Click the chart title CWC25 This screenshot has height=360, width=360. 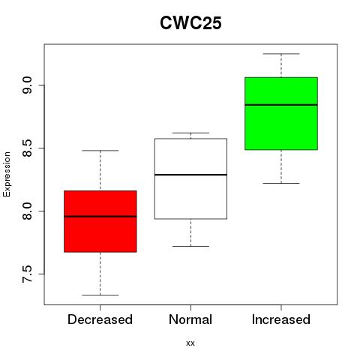pyautogui.click(x=190, y=23)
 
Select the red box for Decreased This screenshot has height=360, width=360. pyautogui.click(x=100, y=221)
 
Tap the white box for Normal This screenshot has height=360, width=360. pyautogui.click(x=190, y=178)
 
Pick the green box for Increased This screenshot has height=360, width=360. pyautogui.click(x=281, y=113)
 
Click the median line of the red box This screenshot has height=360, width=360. pyautogui.click(x=100, y=217)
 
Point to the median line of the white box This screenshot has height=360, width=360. pyautogui.click(x=190, y=175)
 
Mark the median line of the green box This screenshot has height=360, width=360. pyautogui.click(x=281, y=105)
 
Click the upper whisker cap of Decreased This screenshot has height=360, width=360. pyautogui.click(x=100, y=151)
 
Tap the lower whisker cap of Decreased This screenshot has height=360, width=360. pyautogui.click(x=100, y=295)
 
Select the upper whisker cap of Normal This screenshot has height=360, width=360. pyautogui.click(x=190, y=133)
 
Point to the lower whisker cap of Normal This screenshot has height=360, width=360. pyautogui.click(x=190, y=246)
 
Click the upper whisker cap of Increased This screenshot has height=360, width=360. pyautogui.click(x=281, y=54)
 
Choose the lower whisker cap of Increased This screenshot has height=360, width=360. pyautogui.click(x=281, y=183)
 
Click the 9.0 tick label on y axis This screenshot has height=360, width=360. pyautogui.click(x=27, y=85)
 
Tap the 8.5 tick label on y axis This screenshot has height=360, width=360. pyautogui.click(x=27, y=148)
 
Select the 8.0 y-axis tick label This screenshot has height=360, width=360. pyautogui.click(x=27, y=211)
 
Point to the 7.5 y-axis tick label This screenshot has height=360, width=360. pyautogui.click(x=27, y=274)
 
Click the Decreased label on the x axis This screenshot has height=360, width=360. pyautogui.click(x=100, y=319)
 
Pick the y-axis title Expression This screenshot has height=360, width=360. pyautogui.click(x=7, y=174)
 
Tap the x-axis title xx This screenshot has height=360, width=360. pyautogui.click(x=190, y=343)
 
